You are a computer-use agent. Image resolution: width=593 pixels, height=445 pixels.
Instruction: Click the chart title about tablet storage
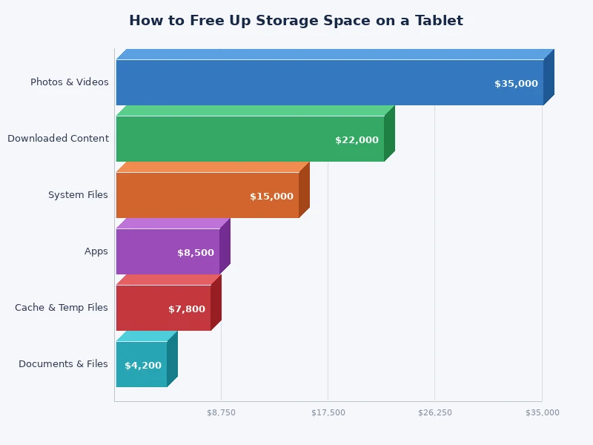(296, 21)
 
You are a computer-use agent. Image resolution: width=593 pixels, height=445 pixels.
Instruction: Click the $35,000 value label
(516, 84)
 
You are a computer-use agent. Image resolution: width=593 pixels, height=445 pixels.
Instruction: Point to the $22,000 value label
(357, 140)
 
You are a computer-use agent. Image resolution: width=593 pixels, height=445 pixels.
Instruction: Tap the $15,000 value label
(271, 197)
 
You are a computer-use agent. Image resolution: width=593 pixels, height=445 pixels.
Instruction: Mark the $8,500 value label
(196, 253)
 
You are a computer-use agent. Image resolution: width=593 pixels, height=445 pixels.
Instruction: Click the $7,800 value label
(187, 309)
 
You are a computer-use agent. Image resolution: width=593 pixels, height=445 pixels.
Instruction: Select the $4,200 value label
(143, 366)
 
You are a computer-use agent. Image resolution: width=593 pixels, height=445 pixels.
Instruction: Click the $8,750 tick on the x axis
(221, 412)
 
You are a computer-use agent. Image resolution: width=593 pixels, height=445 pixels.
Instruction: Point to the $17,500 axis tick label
(328, 412)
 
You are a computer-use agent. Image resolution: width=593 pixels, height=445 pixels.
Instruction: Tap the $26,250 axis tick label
(434, 412)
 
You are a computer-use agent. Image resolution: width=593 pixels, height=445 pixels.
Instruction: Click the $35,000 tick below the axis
(542, 412)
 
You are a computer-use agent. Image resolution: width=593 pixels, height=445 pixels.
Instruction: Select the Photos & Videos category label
(69, 82)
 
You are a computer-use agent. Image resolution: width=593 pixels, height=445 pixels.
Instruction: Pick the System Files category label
(78, 195)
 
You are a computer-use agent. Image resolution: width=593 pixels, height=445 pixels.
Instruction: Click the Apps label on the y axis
(96, 251)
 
